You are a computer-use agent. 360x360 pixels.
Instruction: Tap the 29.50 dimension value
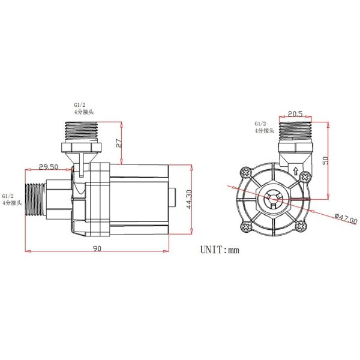coord(48,166)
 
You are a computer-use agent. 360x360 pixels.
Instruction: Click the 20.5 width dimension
coord(293,112)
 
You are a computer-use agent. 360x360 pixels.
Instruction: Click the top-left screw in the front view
coord(246,173)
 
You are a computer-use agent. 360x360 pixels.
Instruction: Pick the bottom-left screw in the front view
coord(246,226)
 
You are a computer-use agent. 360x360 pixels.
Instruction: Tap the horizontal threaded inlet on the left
coord(37,199)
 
